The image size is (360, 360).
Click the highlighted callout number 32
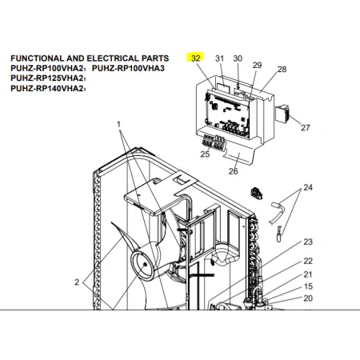pyautogui.click(x=196, y=58)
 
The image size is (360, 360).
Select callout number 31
pyautogui.click(x=219, y=58)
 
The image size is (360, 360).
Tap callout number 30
pyautogui.click(x=238, y=58)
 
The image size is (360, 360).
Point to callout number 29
pyautogui.click(x=257, y=65)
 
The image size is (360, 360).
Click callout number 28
pyautogui.click(x=282, y=69)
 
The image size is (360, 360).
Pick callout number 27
pyautogui.click(x=306, y=128)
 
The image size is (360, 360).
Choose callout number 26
pyautogui.click(x=233, y=171)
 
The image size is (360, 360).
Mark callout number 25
pyautogui.click(x=205, y=154)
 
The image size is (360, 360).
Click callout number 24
pyautogui.click(x=308, y=187)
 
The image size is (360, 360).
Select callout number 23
pyautogui.click(x=308, y=242)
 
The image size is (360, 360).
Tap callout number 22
pyautogui.click(x=308, y=261)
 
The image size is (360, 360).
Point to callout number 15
pyautogui.click(x=308, y=286)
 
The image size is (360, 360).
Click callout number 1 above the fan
pyautogui.click(x=118, y=124)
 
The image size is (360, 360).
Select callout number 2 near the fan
pyautogui.click(x=77, y=282)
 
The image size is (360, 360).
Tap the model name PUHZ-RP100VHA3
pyautogui.click(x=128, y=68)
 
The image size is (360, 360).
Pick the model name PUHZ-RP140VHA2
pyautogui.click(x=48, y=88)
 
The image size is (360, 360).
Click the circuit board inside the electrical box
pyautogui.click(x=227, y=114)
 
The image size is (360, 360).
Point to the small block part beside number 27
pyautogui.click(x=282, y=114)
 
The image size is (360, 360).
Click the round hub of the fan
pyautogui.click(x=142, y=266)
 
